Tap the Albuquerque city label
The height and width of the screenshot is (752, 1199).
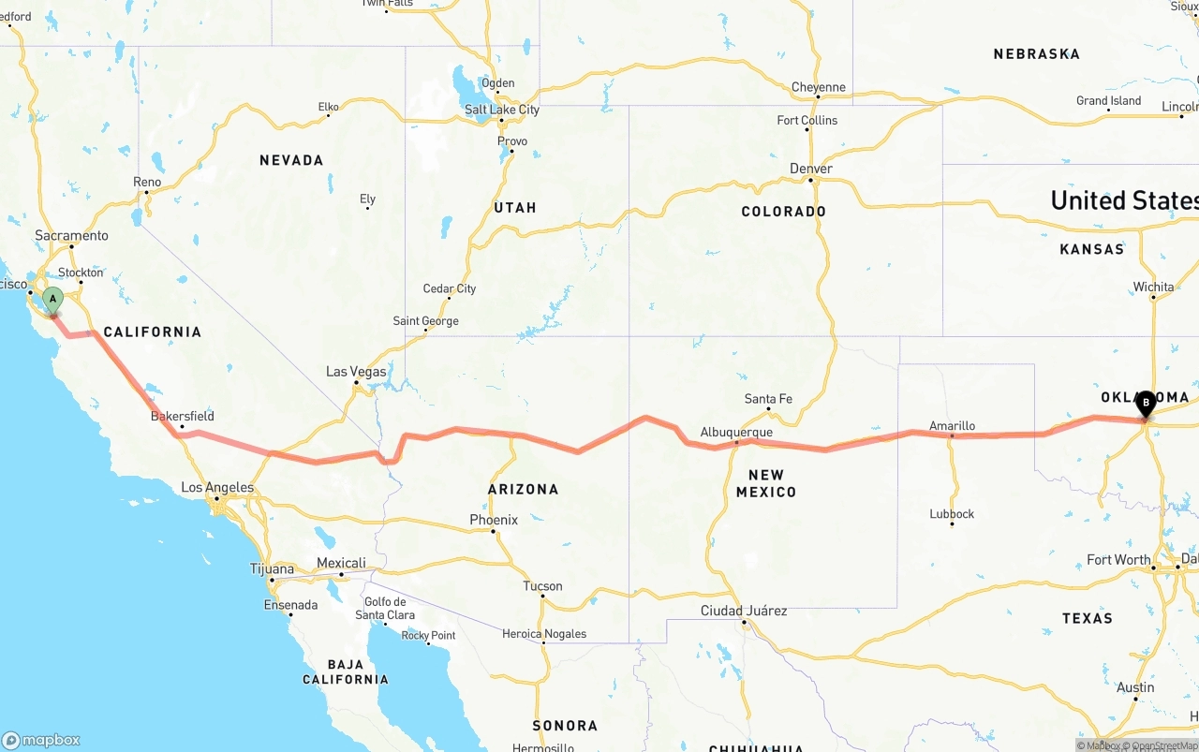(x=736, y=433)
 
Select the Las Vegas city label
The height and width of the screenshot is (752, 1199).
(x=356, y=372)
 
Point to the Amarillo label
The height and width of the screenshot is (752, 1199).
(x=952, y=426)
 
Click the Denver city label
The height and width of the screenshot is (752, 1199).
(x=811, y=169)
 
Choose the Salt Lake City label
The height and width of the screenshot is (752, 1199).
(x=502, y=110)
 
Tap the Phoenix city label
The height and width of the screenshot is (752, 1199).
(x=494, y=520)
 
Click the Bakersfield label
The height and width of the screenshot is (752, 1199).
(x=183, y=416)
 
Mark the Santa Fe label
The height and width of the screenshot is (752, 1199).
(x=768, y=399)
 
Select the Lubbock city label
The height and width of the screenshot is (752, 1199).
(x=952, y=514)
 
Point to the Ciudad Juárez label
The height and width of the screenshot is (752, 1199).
(x=744, y=611)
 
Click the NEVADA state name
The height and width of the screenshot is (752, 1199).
(x=291, y=161)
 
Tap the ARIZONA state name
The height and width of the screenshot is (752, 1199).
(x=523, y=489)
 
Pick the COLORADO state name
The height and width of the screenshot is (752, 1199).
(x=783, y=212)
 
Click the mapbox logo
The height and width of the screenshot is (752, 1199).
(x=41, y=740)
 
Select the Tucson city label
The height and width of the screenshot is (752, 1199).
(x=542, y=586)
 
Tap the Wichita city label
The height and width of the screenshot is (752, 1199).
(x=1153, y=287)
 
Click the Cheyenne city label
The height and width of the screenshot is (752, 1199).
(x=818, y=88)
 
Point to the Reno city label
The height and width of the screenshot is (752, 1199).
(x=147, y=182)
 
